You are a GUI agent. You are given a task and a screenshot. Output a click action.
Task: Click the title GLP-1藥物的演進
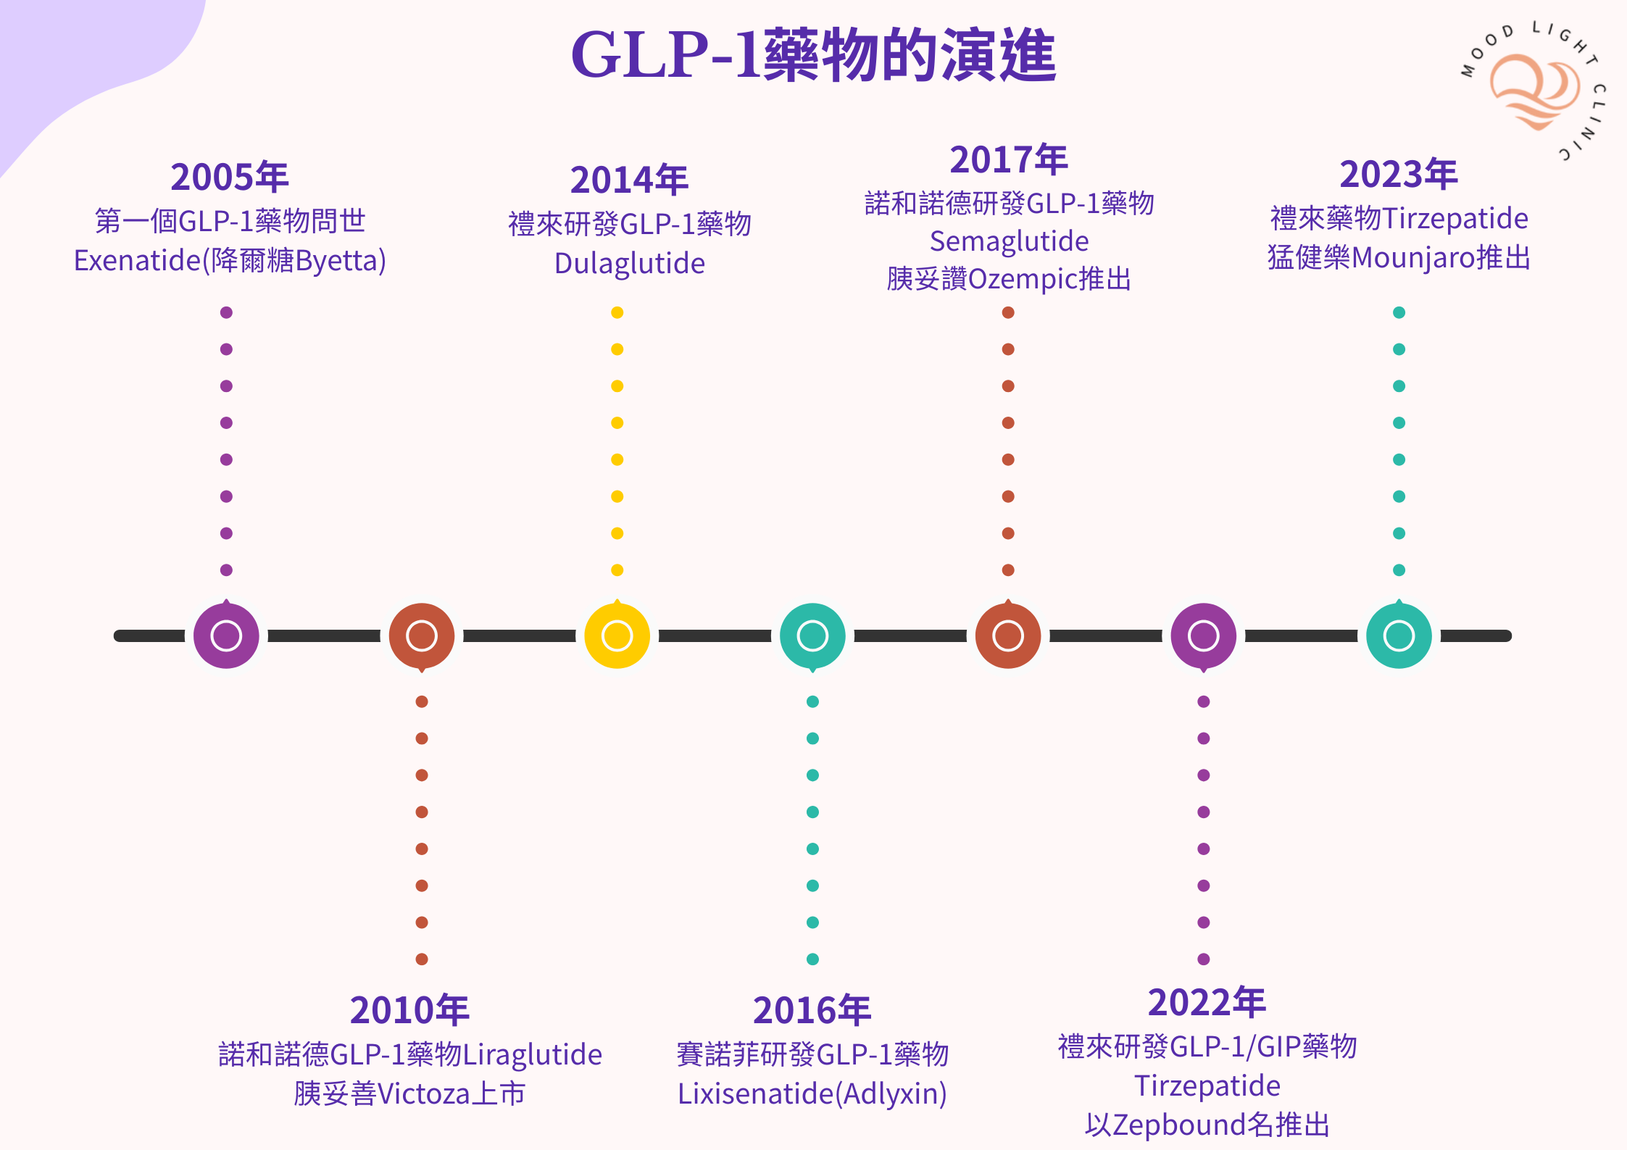coord(813,55)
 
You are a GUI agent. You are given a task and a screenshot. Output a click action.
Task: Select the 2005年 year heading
coord(229,177)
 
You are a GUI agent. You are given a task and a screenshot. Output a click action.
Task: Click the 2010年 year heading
coord(409,1010)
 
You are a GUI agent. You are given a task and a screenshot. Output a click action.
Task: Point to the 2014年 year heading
coord(629,180)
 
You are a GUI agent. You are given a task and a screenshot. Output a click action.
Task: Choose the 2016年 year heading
coord(812,1010)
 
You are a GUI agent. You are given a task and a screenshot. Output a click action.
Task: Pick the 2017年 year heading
coord(1009,159)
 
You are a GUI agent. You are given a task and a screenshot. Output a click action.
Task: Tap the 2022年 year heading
coord(1207,1002)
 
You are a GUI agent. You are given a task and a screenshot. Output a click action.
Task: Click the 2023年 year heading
coord(1398,174)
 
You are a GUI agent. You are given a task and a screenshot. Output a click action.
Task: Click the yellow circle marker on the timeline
coord(617,636)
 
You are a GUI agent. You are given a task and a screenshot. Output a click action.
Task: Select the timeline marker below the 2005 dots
coord(226,636)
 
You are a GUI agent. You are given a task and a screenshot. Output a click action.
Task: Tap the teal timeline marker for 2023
coord(1399,636)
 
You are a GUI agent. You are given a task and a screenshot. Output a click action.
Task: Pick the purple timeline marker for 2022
coord(1203,636)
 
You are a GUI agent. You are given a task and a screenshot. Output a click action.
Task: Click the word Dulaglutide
coord(629,263)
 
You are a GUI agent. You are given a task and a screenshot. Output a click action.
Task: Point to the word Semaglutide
coord(1009,241)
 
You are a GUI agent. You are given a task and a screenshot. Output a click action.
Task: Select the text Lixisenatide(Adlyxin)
coord(812,1093)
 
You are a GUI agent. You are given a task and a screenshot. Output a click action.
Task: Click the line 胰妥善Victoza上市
coord(409,1093)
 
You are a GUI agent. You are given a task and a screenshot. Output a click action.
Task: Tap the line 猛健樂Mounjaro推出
coord(1398,257)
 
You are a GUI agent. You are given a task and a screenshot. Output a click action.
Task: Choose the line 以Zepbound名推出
coord(1207,1125)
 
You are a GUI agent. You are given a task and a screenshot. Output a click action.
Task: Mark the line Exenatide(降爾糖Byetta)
coord(230,260)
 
